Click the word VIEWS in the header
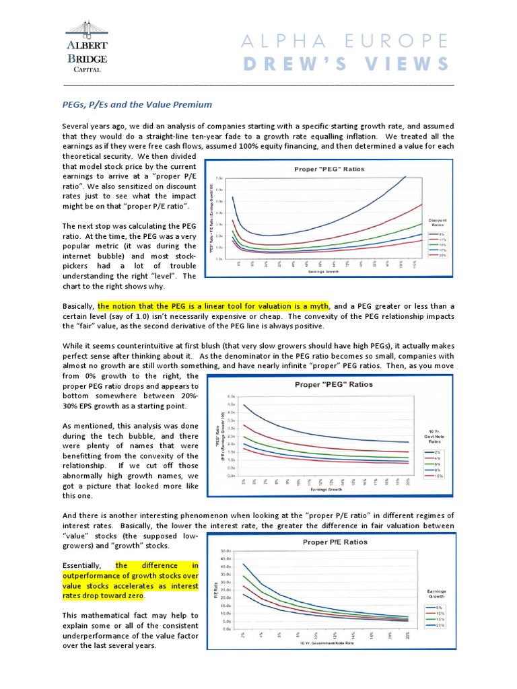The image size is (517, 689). tap(411, 64)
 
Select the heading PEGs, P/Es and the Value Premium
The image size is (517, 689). tap(137, 104)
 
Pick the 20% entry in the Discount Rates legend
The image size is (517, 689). tap(438, 256)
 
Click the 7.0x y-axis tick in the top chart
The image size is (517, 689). tap(219, 178)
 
